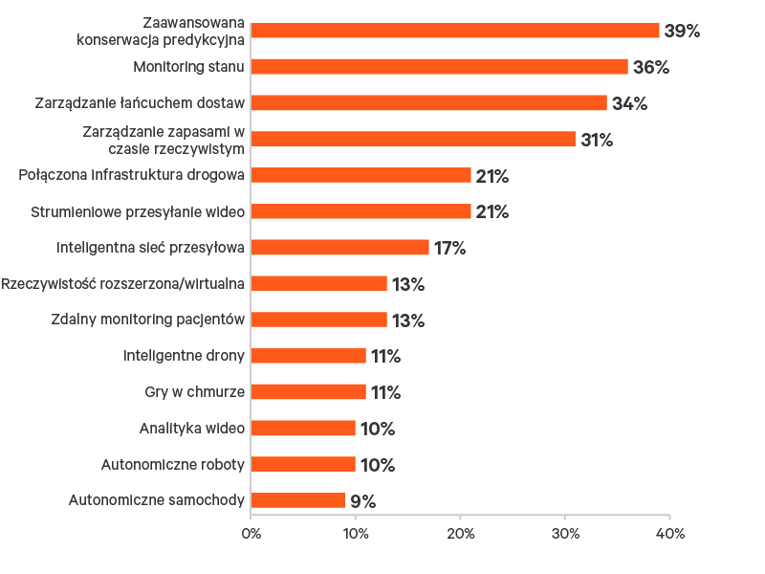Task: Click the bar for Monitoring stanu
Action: pyautogui.click(x=439, y=67)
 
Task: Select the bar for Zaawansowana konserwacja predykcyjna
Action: pyautogui.click(x=455, y=31)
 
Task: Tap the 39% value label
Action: pyautogui.click(x=682, y=32)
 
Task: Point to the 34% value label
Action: pyautogui.click(x=629, y=104)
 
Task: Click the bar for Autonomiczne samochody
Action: pyautogui.click(x=297, y=500)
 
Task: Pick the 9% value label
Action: pyautogui.click(x=362, y=501)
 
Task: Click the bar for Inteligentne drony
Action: pyautogui.click(x=308, y=356)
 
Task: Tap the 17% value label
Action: pyautogui.click(x=449, y=249)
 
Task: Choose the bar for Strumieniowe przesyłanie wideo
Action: pyautogui.click(x=361, y=211)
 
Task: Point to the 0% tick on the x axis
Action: pyautogui.click(x=251, y=534)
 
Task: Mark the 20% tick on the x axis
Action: pyautogui.click(x=460, y=534)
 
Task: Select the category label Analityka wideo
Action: pyautogui.click(x=191, y=428)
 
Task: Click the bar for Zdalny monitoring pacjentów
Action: pyautogui.click(x=318, y=320)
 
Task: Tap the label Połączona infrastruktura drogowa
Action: pyautogui.click(x=132, y=175)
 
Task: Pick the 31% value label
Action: pyautogui.click(x=597, y=141)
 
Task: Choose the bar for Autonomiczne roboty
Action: pyautogui.click(x=303, y=464)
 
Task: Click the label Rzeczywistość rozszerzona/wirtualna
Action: pyautogui.click(x=123, y=283)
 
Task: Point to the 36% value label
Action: pyautogui.click(x=650, y=68)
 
